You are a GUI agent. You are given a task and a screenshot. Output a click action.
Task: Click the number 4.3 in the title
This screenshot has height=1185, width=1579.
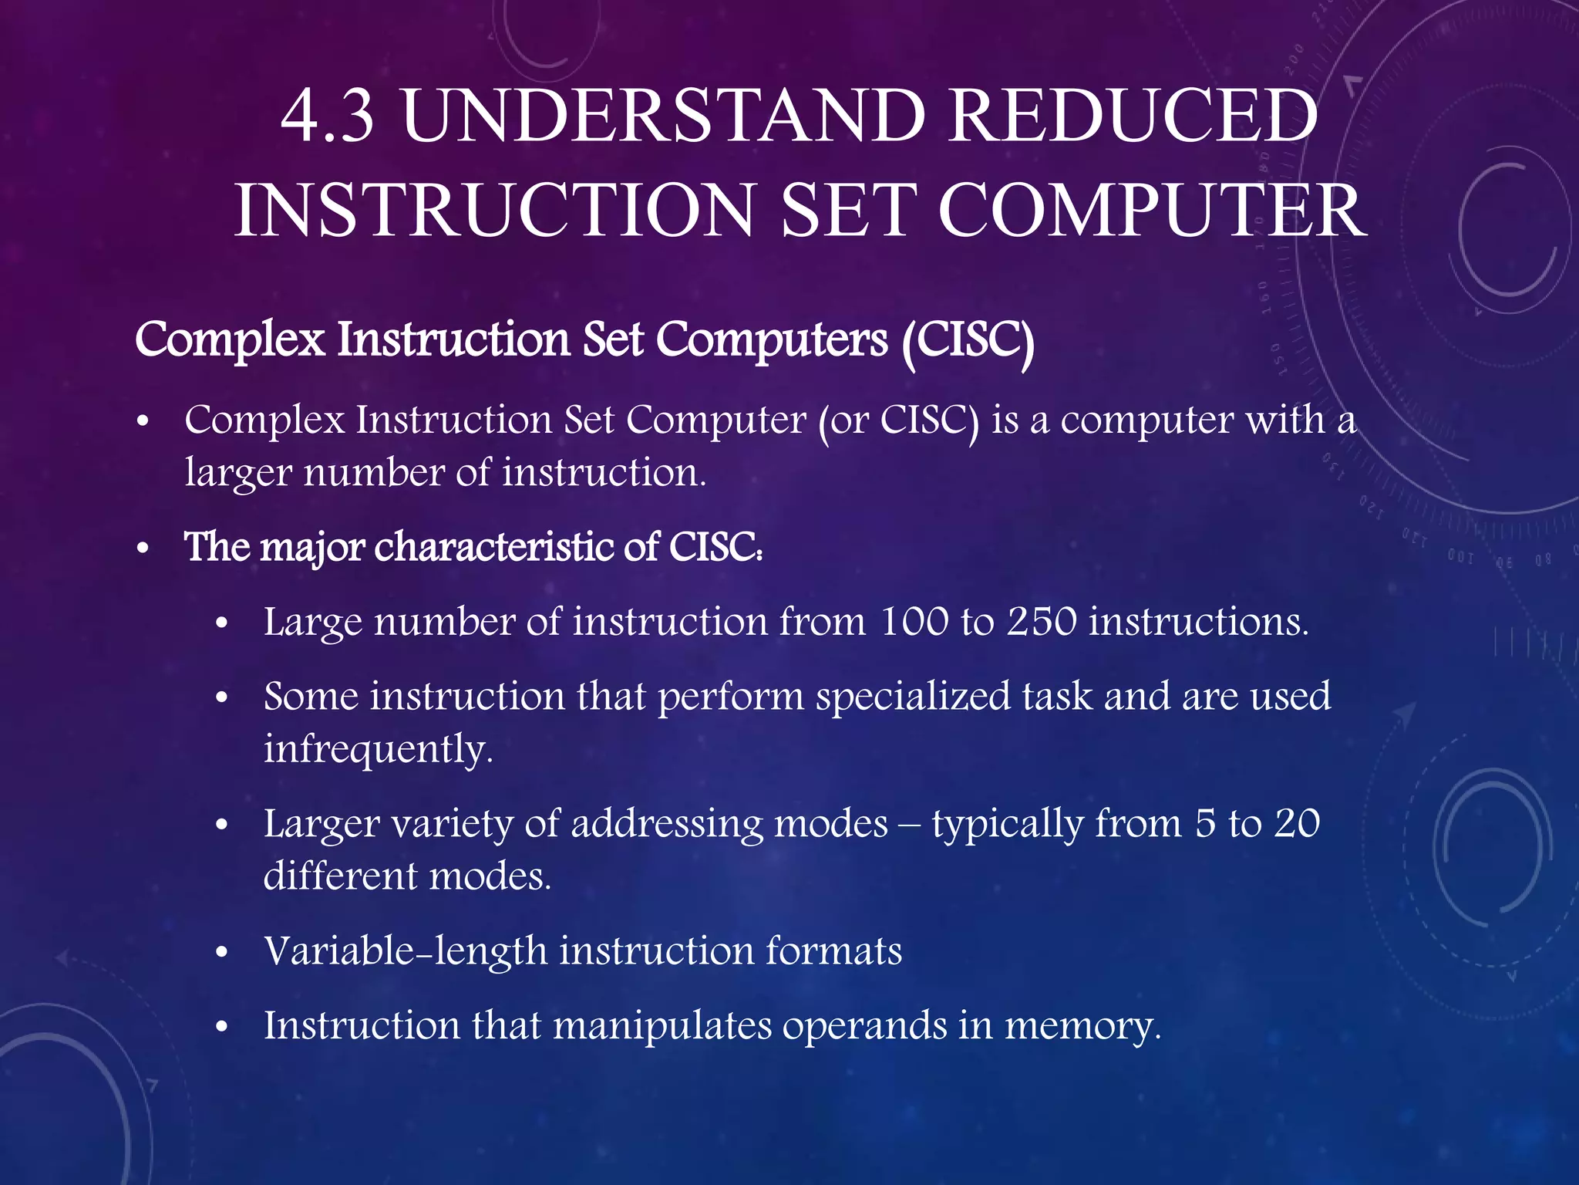(x=328, y=116)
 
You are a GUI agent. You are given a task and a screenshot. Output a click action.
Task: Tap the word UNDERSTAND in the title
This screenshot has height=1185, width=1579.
(x=663, y=116)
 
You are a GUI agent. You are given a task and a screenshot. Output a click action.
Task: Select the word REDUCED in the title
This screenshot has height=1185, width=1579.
(x=1133, y=116)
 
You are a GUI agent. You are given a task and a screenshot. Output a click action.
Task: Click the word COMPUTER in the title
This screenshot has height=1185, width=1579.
(x=1152, y=211)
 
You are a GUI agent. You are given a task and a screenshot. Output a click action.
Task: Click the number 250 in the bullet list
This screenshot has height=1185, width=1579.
(x=1042, y=622)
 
